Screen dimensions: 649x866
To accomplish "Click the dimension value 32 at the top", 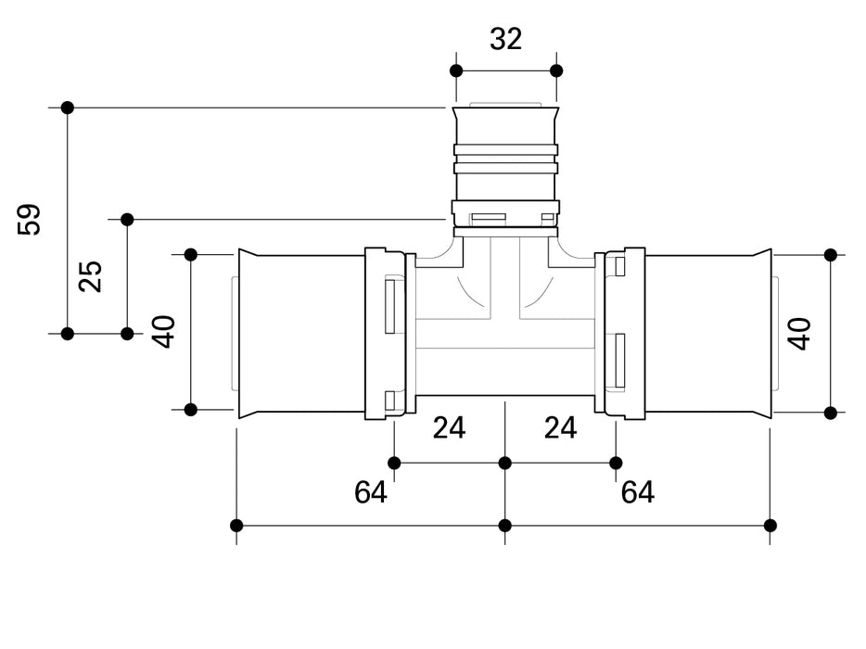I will tap(505, 39).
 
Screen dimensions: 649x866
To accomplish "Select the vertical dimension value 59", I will tap(31, 220).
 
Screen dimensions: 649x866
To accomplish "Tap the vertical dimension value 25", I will tap(90, 275).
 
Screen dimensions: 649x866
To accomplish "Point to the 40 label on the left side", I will tap(164, 331).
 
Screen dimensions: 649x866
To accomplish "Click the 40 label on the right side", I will tap(798, 333).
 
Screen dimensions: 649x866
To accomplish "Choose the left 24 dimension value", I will tap(449, 427).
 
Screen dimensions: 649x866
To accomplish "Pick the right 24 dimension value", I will tap(560, 427).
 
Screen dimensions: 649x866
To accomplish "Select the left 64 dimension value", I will tap(371, 492).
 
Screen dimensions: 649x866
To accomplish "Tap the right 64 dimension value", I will tap(638, 492).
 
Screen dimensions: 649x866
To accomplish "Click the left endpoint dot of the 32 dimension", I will tap(455, 70).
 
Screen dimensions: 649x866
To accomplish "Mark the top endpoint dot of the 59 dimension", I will tap(67, 108).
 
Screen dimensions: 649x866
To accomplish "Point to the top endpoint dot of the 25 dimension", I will tap(127, 220).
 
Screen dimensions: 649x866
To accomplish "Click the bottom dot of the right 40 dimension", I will tap(831, 413).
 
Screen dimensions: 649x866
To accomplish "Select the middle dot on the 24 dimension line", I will tap(505, 463).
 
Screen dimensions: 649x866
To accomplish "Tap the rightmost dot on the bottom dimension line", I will tap(770, 526).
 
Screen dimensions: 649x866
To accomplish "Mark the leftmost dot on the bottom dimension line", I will tap(236, 526).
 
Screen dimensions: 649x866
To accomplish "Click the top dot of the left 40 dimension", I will tap(191, 254).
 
